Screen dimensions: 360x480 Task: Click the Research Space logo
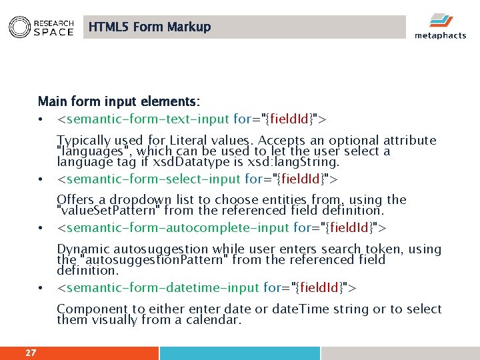[41, 27]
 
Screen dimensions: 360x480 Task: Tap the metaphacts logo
[439, 27]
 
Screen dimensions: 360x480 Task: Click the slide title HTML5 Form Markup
[149, 27]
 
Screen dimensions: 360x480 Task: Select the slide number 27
[31, 353]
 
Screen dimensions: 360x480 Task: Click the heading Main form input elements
[119, 102]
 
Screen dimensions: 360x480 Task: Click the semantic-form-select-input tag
[198, 179]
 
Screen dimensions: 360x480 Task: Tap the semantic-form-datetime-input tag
[207, 288]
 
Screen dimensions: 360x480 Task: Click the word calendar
[213, 320]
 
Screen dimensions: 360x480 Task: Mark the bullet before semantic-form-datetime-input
[41, 289]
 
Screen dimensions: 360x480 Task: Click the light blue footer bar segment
[239, 353]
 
